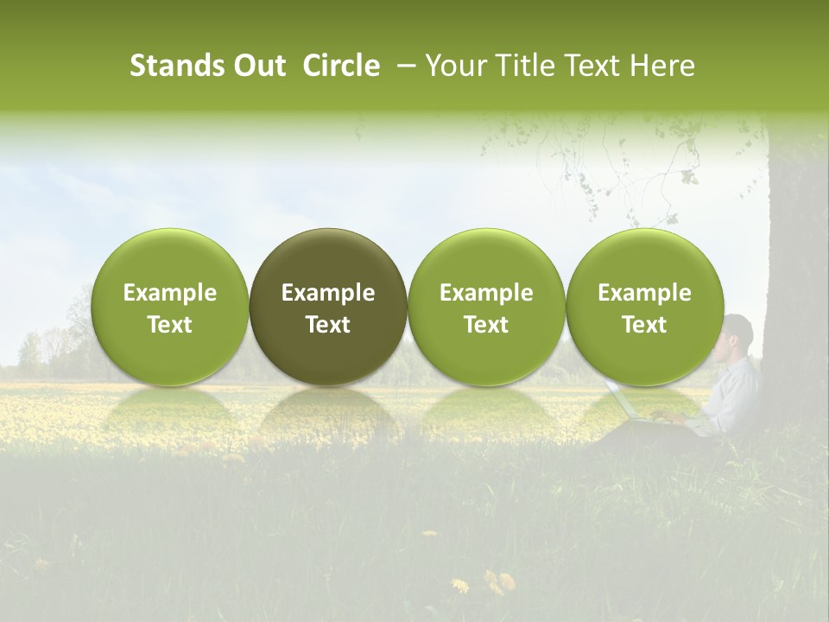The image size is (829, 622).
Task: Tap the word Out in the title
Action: coord(258,66)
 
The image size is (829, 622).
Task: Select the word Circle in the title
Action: coord(341,66)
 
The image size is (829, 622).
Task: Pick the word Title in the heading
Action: coord(525,66)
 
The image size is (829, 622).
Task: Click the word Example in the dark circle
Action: coord(328,293)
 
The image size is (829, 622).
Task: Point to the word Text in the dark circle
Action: coord(328,325)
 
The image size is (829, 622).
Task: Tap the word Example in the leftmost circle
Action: coord(170,293)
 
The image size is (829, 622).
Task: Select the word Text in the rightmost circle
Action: coord(644,325)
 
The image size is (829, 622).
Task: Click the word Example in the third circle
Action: coord(486,293)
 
